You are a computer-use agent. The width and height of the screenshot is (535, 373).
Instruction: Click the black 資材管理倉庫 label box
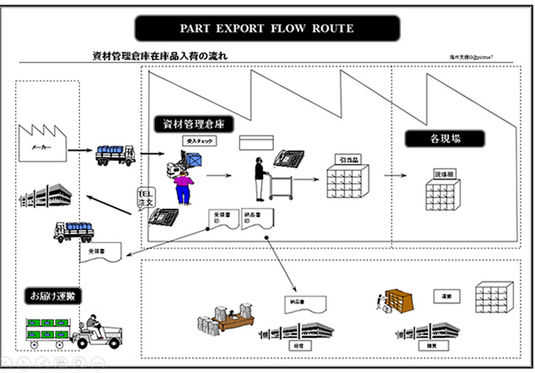pos(194,124)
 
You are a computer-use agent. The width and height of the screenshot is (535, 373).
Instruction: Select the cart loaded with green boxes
pos(46,331)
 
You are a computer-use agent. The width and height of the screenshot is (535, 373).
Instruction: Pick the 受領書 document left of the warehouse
pos(102,251)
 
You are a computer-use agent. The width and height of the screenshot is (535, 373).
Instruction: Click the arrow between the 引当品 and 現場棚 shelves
pos(393,177)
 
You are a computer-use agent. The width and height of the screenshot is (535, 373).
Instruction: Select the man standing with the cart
pos(261,173)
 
